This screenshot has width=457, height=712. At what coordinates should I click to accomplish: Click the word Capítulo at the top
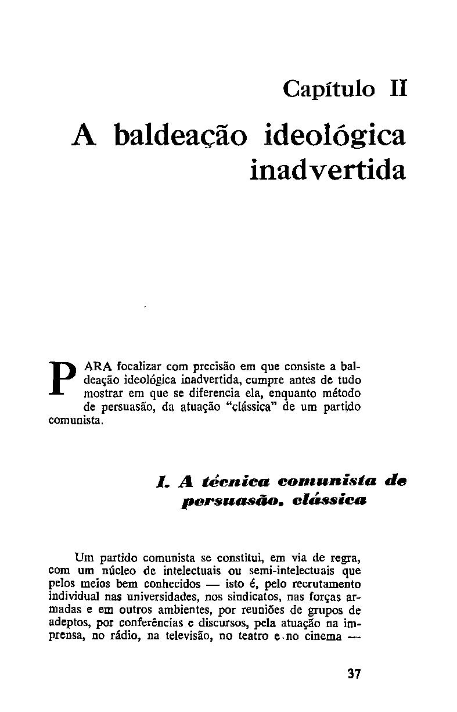coord(329,90)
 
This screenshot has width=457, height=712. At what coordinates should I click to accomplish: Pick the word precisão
coord(219,367)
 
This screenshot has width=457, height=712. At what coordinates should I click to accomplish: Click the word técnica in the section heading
coord(236,482)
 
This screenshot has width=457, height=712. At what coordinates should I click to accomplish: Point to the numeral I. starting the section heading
coord(162,482)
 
